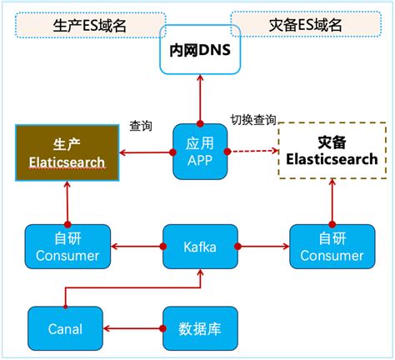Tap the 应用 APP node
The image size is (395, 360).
coord(198,151)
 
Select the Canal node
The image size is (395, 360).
coord(66,328)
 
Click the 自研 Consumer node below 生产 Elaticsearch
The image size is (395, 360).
coord(67,246)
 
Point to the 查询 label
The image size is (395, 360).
coord(141,125)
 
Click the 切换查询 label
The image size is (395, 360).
coord(252,119)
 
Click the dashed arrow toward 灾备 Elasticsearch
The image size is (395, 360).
coord(250,152)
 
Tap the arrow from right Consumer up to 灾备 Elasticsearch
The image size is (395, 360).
coord(332,200)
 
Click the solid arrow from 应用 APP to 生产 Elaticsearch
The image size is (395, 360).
coord(145,152)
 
